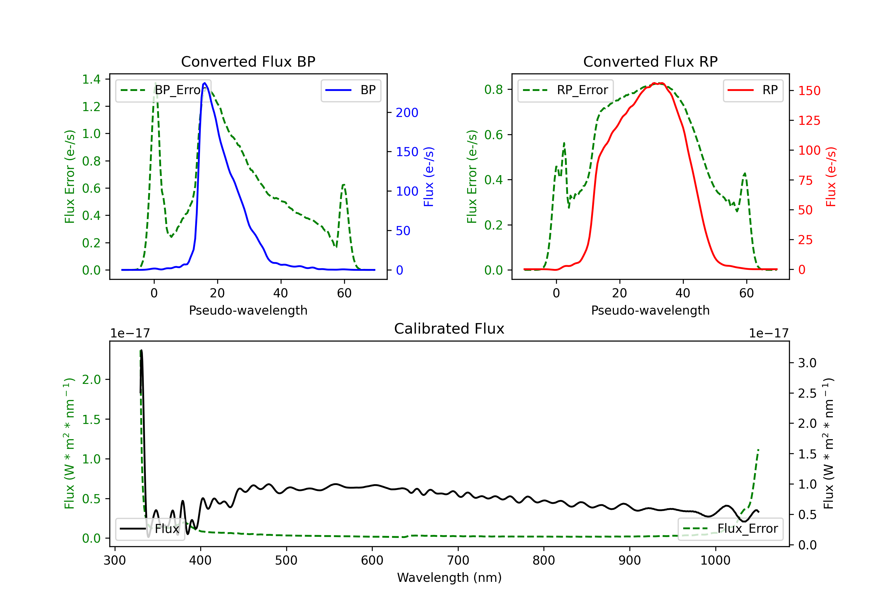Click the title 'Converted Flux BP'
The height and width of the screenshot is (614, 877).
point(248,61)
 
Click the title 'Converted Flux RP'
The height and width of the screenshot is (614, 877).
point(650,61)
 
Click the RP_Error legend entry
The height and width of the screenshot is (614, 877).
point(566,90)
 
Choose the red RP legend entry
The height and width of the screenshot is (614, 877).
point(753,90)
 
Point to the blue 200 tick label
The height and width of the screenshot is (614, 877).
point(407,113)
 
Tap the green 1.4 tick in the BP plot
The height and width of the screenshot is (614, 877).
point(91,79)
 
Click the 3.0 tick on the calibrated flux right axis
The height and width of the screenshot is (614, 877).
point(807,363)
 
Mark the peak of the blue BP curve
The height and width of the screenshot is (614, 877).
point(205,83)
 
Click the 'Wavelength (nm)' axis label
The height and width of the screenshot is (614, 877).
point(449,577)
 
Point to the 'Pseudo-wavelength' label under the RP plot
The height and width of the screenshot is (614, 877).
point(650,310)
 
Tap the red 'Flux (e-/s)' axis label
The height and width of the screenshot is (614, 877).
point(831,177)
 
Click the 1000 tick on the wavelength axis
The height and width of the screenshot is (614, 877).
point(715,560)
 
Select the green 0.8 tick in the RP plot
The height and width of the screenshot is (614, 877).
point(493,89)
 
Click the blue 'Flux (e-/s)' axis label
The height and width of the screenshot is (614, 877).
point(429,177)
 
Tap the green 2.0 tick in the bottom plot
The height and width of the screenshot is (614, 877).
point(91,380)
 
